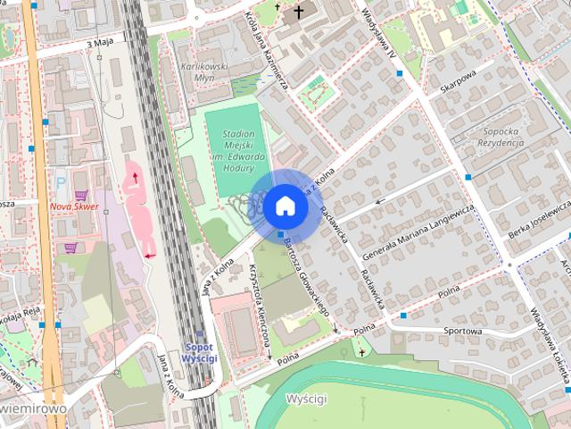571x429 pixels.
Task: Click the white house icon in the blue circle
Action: [285, 206]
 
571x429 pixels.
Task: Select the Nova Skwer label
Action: [74, 206]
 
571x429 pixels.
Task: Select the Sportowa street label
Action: [462, 331]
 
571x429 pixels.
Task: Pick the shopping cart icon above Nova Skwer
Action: [81, 194]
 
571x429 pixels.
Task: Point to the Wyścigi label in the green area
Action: [306, 397]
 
